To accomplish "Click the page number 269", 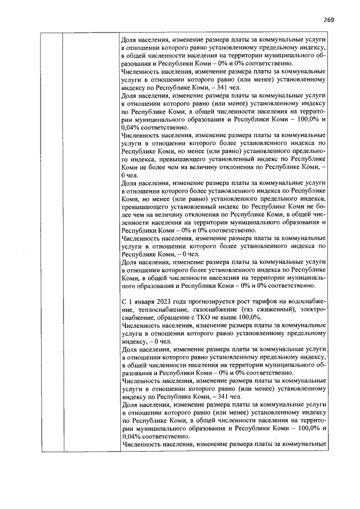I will pyautogui.click(x=329, y=20).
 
